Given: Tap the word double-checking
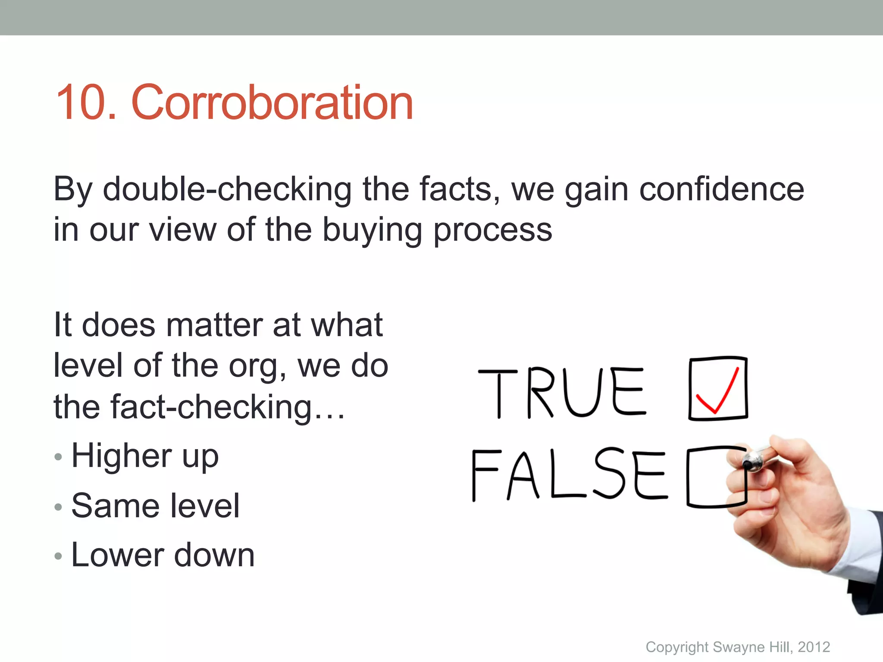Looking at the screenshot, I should [227, 190].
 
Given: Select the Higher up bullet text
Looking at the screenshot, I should [145, 456].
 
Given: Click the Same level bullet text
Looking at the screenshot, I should [155, 506].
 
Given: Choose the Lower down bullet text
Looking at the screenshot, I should [163, 555].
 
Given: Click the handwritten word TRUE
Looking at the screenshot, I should [562, 393].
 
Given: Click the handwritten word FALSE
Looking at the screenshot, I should [569, 475].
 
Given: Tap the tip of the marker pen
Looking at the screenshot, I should [745, 464].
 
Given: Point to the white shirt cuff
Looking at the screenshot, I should [856, 547].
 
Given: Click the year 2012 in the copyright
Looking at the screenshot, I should [814, 647].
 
